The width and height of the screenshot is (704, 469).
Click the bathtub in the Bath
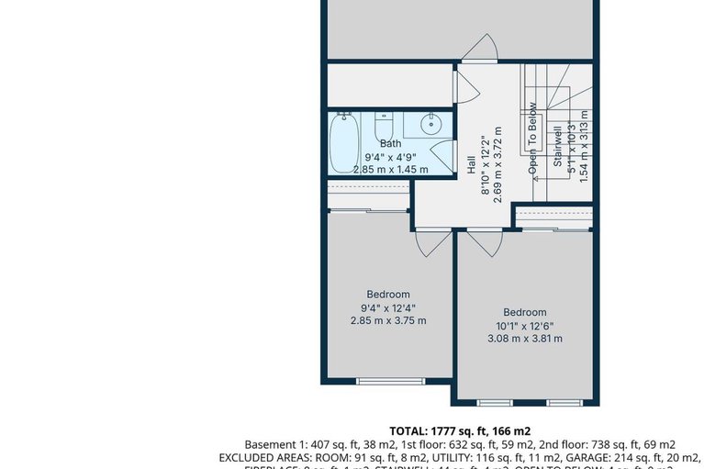(x=345, y=142)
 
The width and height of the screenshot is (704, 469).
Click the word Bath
(x=390, y=143)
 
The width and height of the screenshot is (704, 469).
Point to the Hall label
(x=471, y=165)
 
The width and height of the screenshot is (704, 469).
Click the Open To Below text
(x=531, y=138)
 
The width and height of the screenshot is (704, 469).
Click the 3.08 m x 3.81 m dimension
(x=524, y=338)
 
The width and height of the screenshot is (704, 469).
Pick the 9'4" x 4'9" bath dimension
(x=390, y=157)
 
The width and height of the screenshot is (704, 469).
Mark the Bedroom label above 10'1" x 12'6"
(x=524, y=312)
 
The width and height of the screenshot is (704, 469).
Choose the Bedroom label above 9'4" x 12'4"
(x=387, y=295)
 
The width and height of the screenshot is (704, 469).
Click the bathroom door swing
(x=441, y=156)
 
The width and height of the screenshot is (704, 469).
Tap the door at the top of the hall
(x=479, y=48)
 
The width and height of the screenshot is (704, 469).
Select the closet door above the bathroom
(x=464, y=85)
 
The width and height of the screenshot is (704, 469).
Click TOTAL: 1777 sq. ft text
(x=459, y=430)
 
